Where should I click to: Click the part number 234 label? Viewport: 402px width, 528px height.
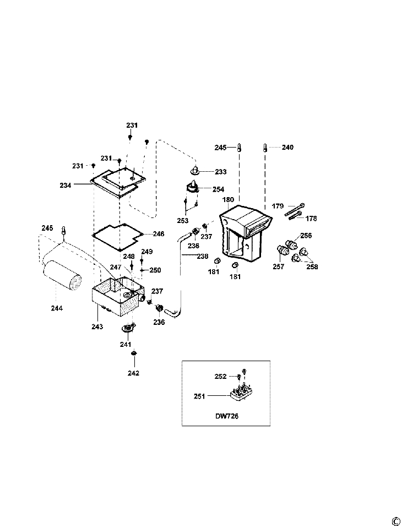tap(66, 186)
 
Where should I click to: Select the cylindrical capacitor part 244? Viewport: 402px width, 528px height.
tap(62, 275)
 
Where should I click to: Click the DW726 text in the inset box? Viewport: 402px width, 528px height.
tap(227, 416)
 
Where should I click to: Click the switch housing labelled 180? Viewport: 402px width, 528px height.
tap(244, 231)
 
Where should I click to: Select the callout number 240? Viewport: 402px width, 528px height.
tap(287, 148)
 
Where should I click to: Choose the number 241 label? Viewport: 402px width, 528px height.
tap(126, 344)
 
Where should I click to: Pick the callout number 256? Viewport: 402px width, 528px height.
tap(306, 236)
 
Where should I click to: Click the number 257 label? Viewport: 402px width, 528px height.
tap(279, 266)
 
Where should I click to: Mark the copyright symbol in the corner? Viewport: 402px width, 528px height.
tap(395, 521)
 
